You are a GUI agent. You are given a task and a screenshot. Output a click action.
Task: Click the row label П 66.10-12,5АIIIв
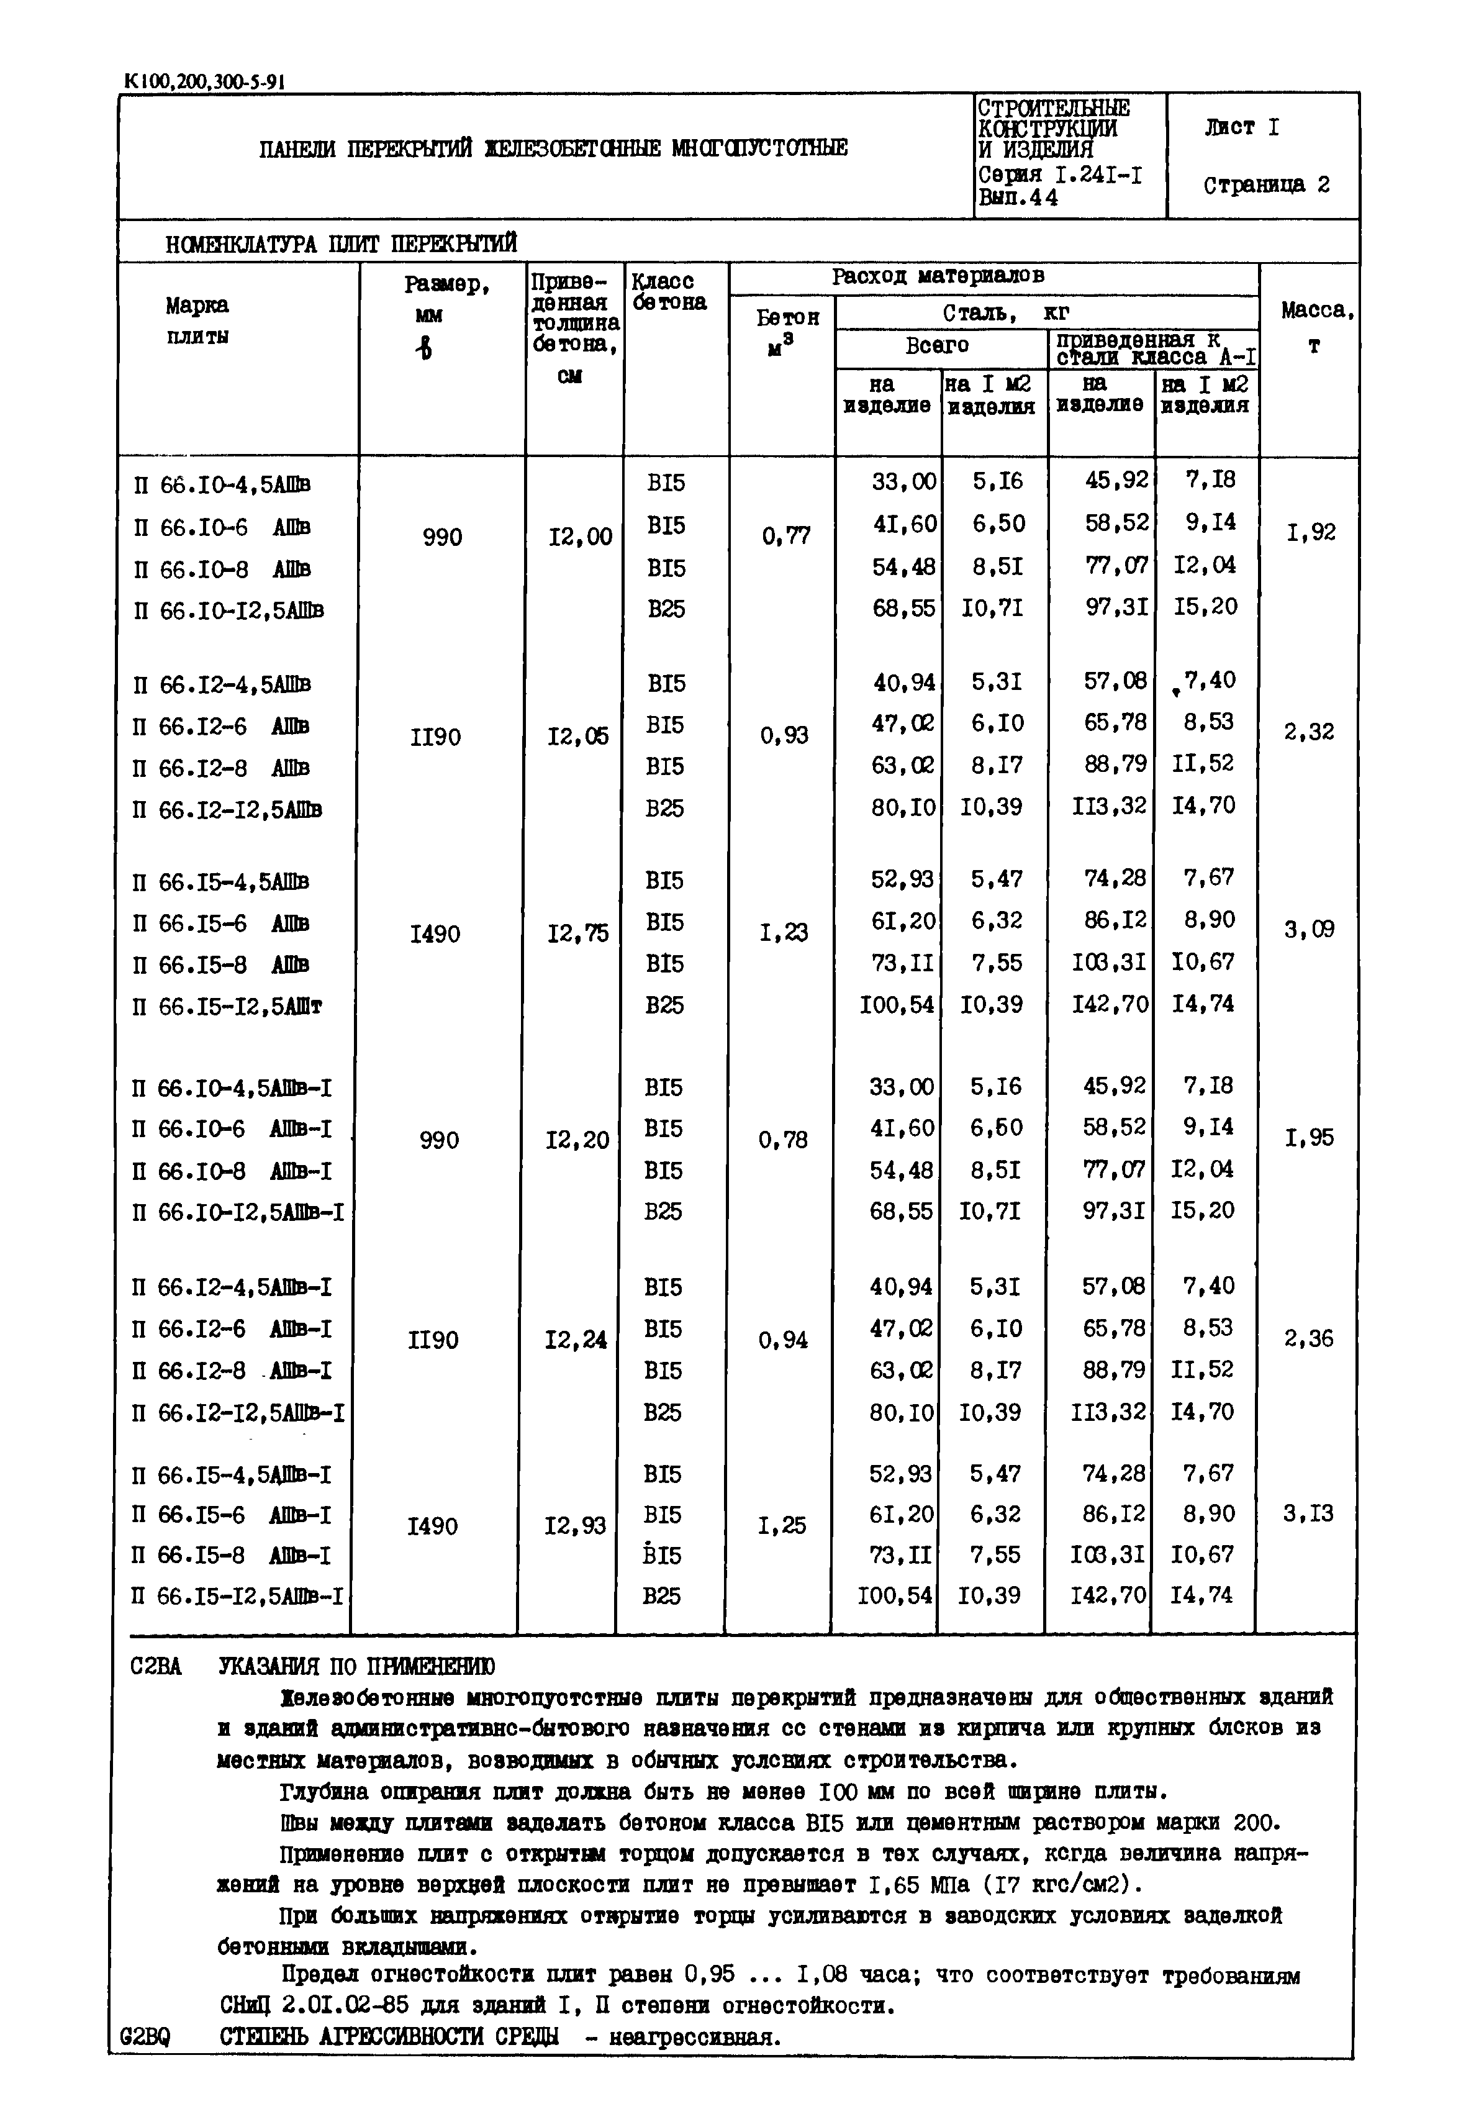click(x=228, y=610)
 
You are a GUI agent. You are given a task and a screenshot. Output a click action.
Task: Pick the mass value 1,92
click(x=1310, y=532)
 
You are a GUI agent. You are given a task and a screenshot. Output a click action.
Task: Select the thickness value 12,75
click(x=577, y=933)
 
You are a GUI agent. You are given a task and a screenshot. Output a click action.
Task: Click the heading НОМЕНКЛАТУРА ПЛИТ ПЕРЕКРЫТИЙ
click(x=341, y=243)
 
